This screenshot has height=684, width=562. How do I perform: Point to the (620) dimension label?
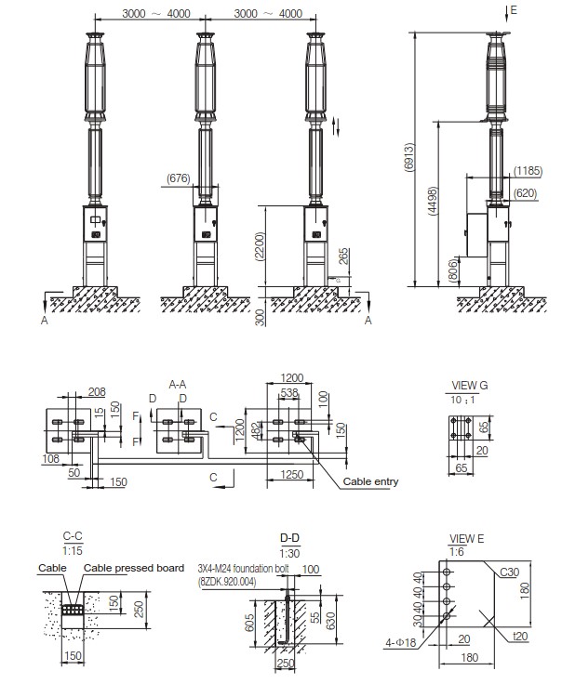526,192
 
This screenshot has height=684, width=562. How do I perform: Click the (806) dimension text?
452,270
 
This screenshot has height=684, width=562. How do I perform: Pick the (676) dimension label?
179,177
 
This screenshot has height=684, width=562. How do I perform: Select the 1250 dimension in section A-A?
292,476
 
